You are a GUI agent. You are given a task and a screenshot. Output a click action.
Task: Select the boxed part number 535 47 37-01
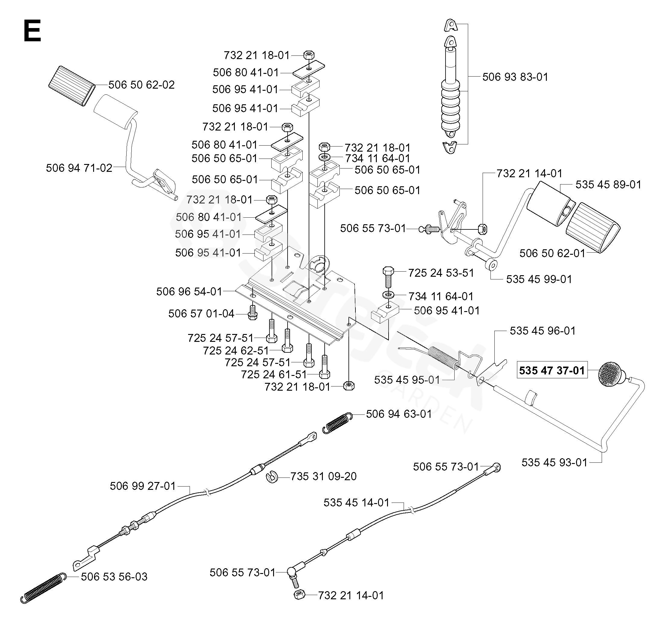(552, 370)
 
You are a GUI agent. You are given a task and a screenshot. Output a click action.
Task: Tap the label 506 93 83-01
(515, 77)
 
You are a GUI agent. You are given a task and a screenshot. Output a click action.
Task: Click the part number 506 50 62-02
(141, 85)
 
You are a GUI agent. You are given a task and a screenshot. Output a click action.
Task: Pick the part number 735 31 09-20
(323, 476)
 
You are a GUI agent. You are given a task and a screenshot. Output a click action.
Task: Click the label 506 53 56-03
(114, 577)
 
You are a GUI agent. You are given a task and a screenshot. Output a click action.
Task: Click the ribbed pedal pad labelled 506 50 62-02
(71, 86)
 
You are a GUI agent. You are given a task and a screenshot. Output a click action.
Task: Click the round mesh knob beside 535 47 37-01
(610, 374)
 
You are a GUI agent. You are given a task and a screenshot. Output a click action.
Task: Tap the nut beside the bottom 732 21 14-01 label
(299, 594)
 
